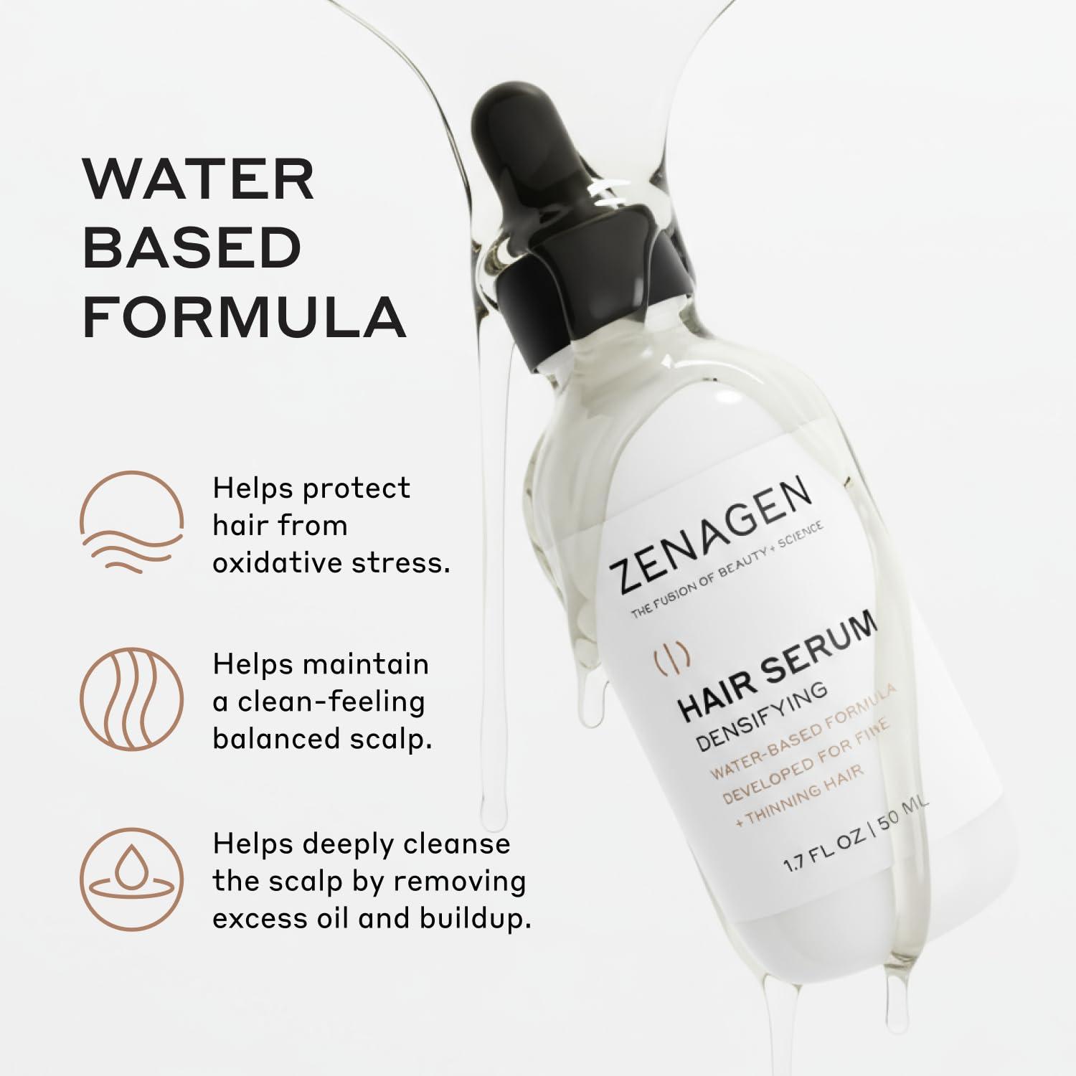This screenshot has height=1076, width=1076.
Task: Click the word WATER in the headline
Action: (199, 180)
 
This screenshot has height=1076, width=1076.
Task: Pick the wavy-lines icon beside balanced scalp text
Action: (132, 699)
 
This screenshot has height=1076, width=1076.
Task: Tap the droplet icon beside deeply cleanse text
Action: (132, 879)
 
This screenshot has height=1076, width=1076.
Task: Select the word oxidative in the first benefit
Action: (277, 562)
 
